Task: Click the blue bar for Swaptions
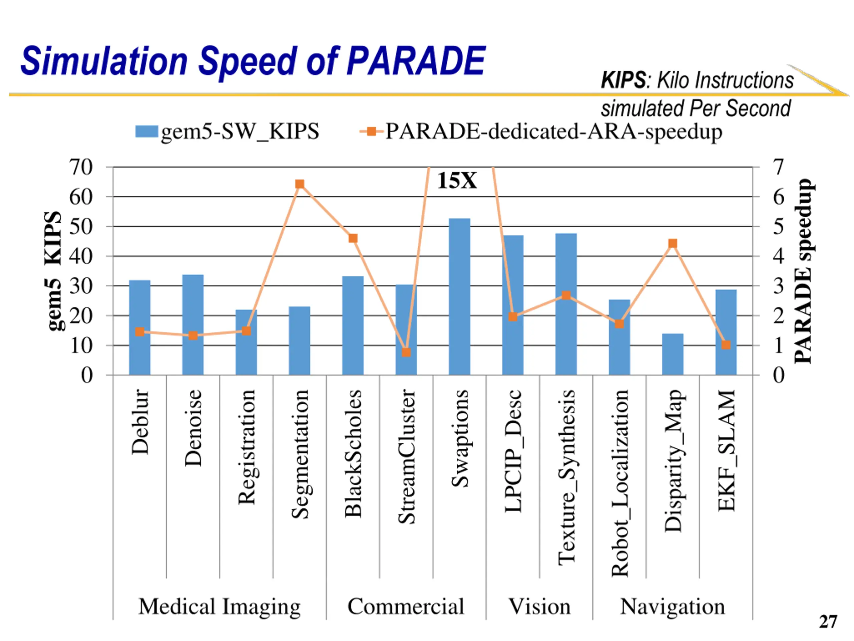[x=459, y=296]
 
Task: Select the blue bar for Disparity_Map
[x=673, y=354]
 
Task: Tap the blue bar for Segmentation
[x=300, y=341]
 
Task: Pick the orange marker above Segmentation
[x=300, y=184]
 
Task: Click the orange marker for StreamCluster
[x=406, y=352]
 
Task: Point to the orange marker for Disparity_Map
[x=673, y=243]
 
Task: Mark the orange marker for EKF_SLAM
[x=726, y=345]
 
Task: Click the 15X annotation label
[x=457, y=180]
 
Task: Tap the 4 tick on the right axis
[x=779, y=256]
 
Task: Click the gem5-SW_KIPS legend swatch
[x=147, y=131]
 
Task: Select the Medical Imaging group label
[x=219, y=607]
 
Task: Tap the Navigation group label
[x=673, y=607]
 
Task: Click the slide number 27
[x=828, y=622]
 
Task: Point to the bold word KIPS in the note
[x=623, y=80]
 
